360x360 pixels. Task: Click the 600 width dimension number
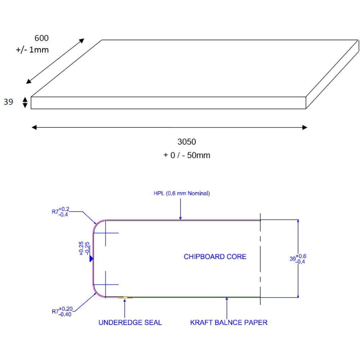pyautogui.click(x=41, y=38)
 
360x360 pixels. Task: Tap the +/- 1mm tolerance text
pyautogui.click(x=32, y=50)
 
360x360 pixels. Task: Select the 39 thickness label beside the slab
pyautogui.click(x=8, y=102)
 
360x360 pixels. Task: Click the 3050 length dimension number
pyautogui.click(x=186, y=141)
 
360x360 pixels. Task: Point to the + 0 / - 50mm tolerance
pyautogui.click(x=186, y=156)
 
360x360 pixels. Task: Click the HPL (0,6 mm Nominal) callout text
pyautogui.click(x=181, y=193)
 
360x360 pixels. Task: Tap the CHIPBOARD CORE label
pyautogui.click(x=215, y=257)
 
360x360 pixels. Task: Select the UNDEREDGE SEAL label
pyautogui.click(x=130, y=323)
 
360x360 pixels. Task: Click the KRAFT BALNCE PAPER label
pyautogui.click(x=229, y=323)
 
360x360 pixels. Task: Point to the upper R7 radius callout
pyautogui.click(x=60, y=212)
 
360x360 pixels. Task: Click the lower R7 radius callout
pyautogui.click(x=62, y=311)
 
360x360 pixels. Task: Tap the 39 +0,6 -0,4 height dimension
pyautogui.click(x=298, y=258)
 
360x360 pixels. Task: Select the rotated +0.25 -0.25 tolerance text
pyautogui.click(x=84, y=248)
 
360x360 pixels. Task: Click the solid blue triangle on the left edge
pyautogui.click(x=91, y=258)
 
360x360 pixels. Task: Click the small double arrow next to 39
pyautogui.click(x=25, y=103)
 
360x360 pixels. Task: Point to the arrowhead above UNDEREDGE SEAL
pyautogui.click(x=125, y=300)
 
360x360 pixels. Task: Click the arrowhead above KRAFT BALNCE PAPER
pyautogui.click(x=227, y=299)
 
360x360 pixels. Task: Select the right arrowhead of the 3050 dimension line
pyautogui.click(x=305, y=127)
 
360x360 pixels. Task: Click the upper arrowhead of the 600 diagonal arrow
pyautogui.click(x=82, y=41)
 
